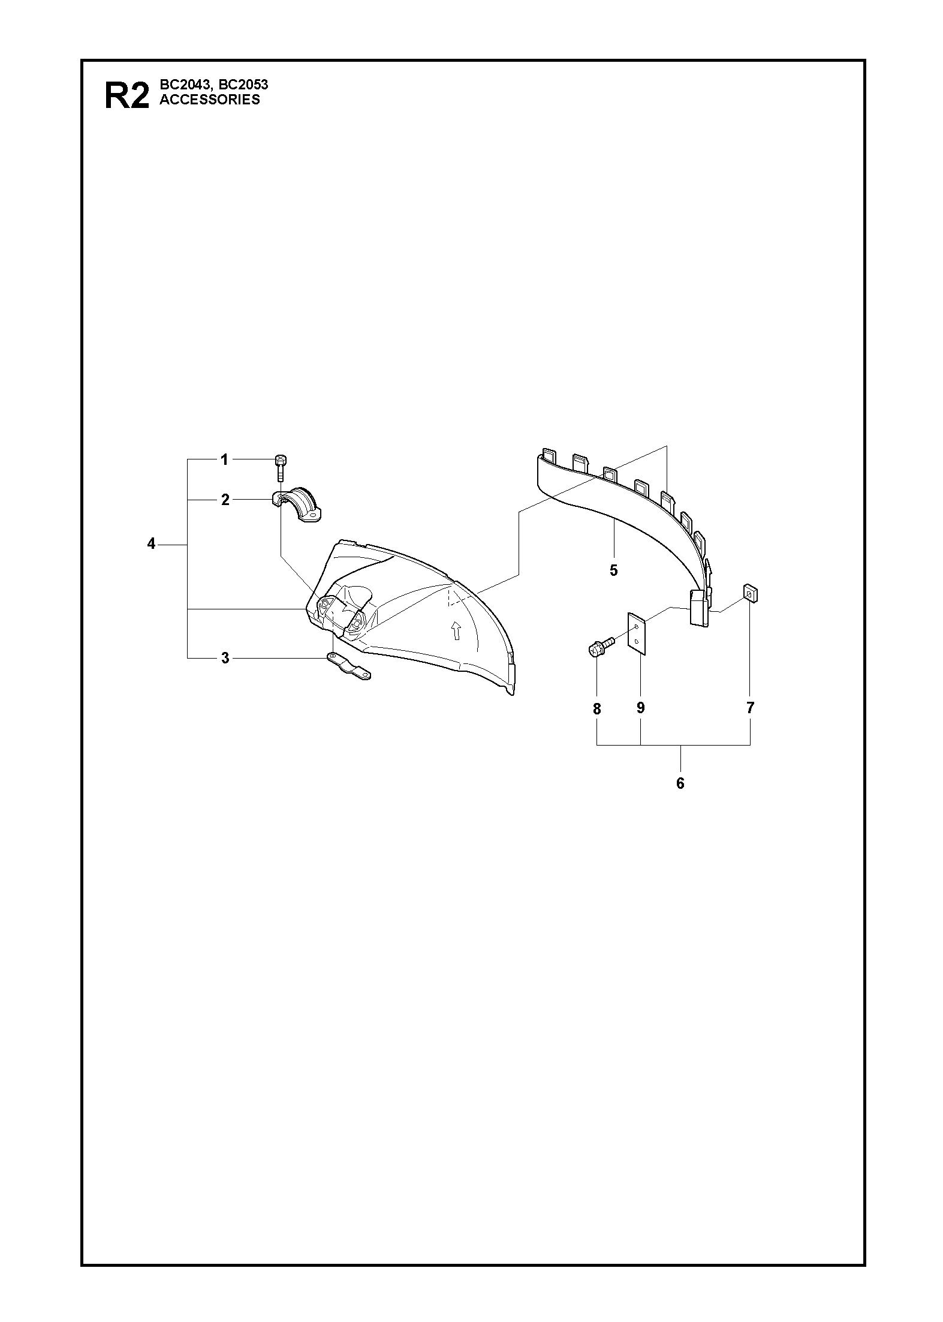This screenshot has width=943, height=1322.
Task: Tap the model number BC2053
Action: coord(244,85)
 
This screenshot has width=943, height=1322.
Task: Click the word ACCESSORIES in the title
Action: coord(210,100)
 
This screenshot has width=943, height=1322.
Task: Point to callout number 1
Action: coord(224,460)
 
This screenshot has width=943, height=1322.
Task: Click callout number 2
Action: coord(225,500)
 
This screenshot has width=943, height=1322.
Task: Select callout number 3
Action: coord(225,659)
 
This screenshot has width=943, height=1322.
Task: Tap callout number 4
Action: coord(151,544)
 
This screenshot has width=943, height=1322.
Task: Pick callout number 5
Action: coord(613,570)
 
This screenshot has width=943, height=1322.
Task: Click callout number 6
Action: coord(680,783)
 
